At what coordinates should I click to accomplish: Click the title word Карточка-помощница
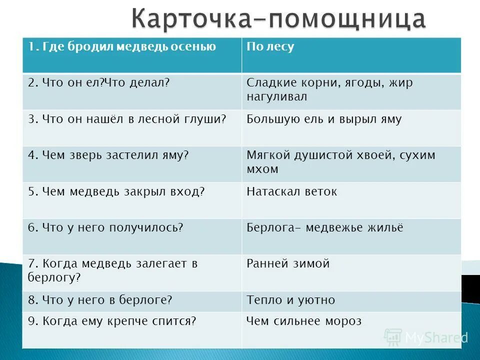[279, 18]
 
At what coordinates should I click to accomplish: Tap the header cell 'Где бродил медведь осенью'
[122, 47]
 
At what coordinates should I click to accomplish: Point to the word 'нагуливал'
[276, 96]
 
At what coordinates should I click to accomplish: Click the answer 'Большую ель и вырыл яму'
[324, 119]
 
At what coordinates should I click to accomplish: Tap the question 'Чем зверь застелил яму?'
[108, 155]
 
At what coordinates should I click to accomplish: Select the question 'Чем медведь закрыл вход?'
[116, 191]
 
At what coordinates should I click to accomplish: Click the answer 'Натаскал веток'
[292, 191]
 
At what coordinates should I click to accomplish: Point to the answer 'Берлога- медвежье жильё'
[325, 227]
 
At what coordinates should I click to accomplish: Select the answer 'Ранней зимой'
[288, 263]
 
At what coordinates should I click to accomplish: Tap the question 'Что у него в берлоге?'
[100, 300]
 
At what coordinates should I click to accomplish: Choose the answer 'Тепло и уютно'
[291, 300]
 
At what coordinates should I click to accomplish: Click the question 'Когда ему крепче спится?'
[111, 321]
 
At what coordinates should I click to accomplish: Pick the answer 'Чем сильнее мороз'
[304, 321]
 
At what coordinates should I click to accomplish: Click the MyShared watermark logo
[425, 337]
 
